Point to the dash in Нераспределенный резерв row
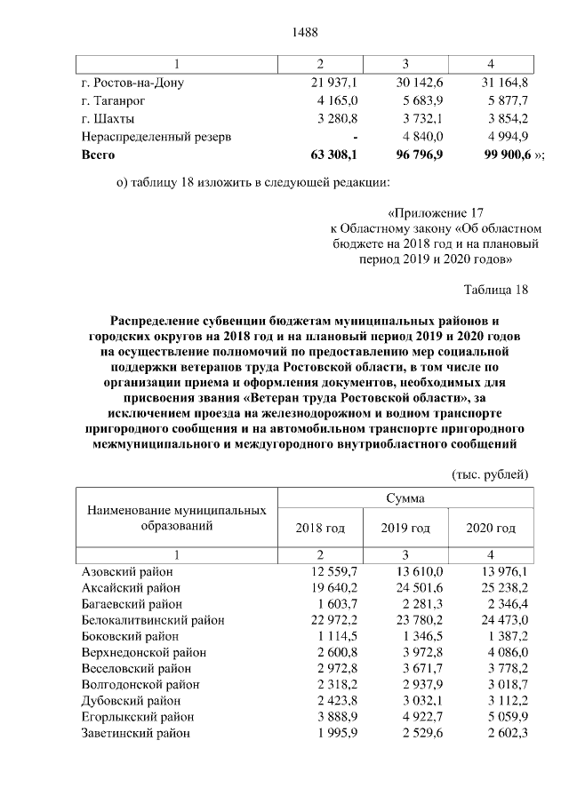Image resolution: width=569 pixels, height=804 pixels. [x=355, y=136]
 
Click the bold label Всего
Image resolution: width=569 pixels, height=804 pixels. [x=98, y=154]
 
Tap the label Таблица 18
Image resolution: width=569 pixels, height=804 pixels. [x=496, y=290]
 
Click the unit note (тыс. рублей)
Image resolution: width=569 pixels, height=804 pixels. [x=491, y=474]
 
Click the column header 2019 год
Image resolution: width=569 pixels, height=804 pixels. [x=405, y=528]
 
